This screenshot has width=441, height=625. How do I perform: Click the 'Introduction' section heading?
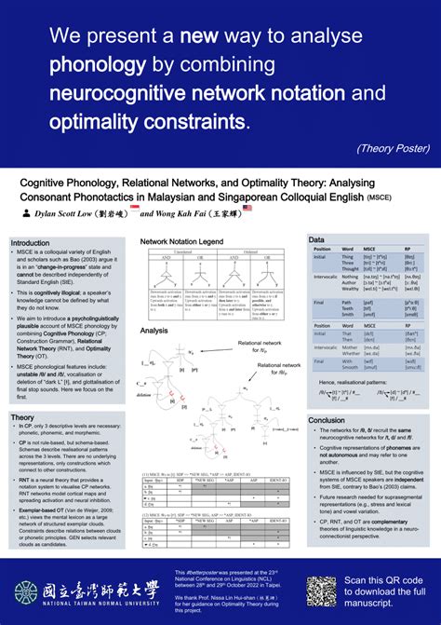[x=31, y=243]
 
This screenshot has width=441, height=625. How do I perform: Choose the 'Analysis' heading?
[x=154, y=331]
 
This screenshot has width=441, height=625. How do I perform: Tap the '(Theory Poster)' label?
[x=392, y=146]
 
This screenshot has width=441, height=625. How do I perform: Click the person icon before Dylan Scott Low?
[x=25, y=212]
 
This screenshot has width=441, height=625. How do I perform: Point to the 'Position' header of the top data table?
[x=322, y=250]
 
